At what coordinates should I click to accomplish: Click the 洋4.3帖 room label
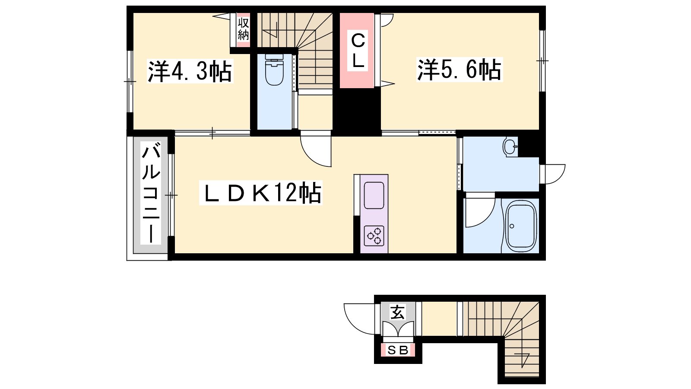pyautogui.click(x=190, y=71)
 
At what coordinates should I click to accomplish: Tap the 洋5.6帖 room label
pyautogui.click(x=460, y=70)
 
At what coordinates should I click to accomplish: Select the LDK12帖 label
pyautogui.click(x=261, y=193)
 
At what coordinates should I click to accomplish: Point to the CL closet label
pyautogui.click(x=358, y=51)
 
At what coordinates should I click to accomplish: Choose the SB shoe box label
pyautogui.click(x=398, y=350)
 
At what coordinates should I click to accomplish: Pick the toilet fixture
pyautogui.click(x=274, y=70)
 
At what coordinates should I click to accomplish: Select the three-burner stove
pyautogui.click(x=374, y=236)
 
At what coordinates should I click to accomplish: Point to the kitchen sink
pyautogui.click(x=374, y=195)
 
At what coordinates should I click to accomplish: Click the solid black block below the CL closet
pyautogui.click(x=357, y=112)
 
